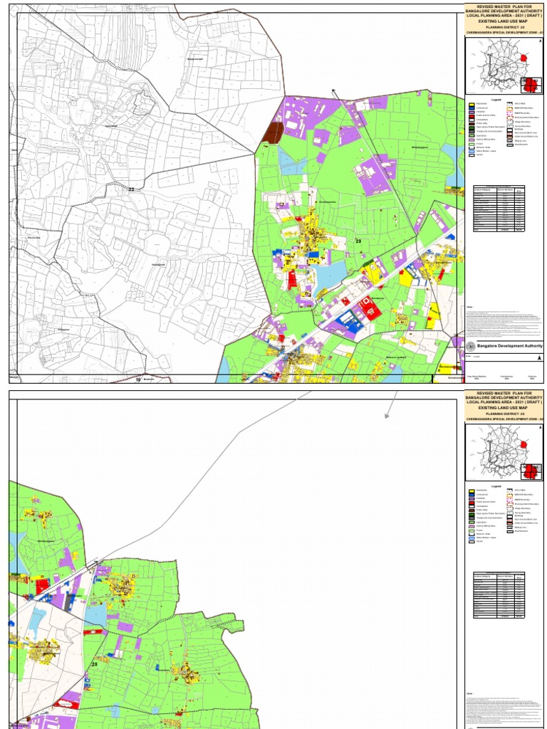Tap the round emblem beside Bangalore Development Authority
pos(471,345)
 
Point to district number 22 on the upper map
pos(130,189)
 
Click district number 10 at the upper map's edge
pos(138,380)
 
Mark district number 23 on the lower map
pos(94,664)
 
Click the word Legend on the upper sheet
pos(496,100)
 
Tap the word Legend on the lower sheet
pos(496,486)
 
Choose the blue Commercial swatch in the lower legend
pos(472,495)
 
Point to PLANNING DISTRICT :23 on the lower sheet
pos(504,413)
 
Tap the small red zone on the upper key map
pos(526,58)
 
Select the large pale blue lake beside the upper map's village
pos(327,274)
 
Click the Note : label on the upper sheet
pos(470,307)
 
